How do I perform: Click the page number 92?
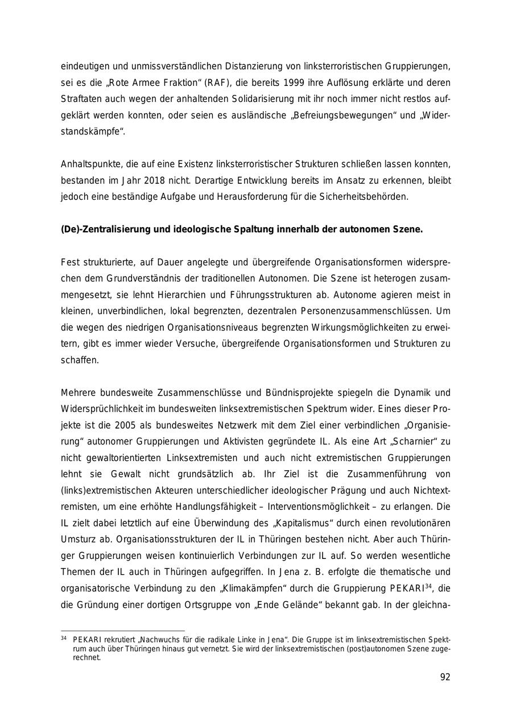[x=445, y=677]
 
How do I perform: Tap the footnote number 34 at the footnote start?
[x=64, y=638]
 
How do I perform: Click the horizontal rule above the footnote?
[x=123, y=631]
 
